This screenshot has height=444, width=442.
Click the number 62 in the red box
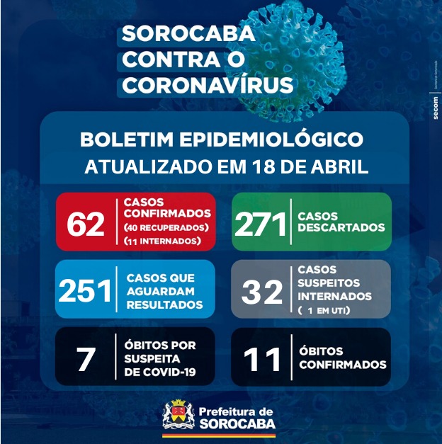[x=86, y=223]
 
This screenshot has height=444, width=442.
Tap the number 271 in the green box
[x=260, y=223]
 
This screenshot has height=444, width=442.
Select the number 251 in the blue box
[x=86, y=290]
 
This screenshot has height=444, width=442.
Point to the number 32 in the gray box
[x=262, y=290]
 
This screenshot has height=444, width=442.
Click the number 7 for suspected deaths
[x=86, y=358]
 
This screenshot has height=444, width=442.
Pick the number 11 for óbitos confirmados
[x=262, y=358]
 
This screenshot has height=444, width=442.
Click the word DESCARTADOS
[x=341, y=228]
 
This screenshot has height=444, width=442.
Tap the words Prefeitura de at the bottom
[x=236, y=411]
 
